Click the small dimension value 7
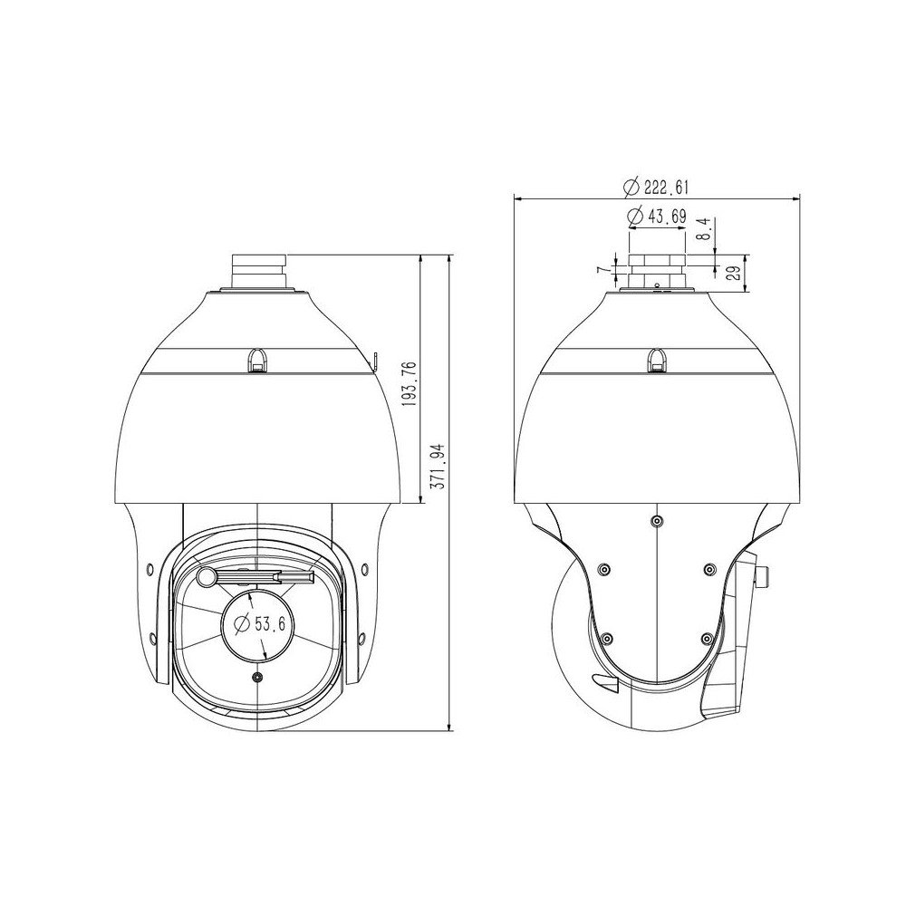(x=600, y=271)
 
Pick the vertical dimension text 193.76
(x=409, y=384)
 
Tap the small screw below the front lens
(x=257, y=678)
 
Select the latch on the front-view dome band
(x=257, y=360)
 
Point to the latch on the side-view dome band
(x=656, y=360)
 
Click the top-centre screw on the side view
(x=656, y=521)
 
